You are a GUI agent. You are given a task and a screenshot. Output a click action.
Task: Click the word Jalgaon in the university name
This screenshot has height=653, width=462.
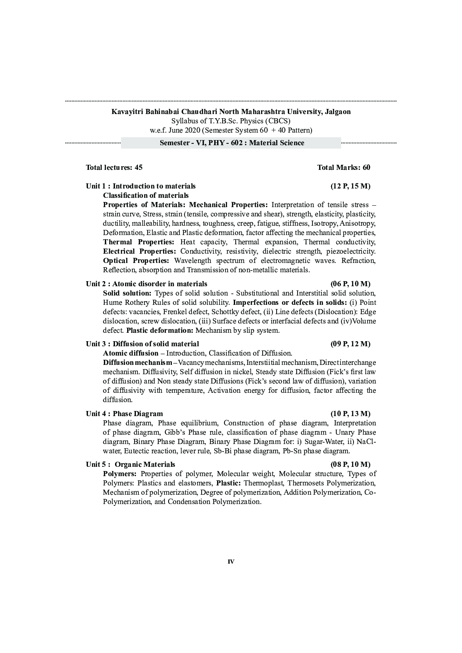click(337, 112)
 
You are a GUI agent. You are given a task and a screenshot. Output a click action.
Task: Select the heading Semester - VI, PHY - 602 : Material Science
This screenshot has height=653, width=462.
click(231, 143)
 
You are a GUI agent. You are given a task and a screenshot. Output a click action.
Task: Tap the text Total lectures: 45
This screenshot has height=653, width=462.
click(114, 168)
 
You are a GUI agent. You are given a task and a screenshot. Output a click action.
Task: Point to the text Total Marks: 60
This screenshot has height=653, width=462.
click(344, 168)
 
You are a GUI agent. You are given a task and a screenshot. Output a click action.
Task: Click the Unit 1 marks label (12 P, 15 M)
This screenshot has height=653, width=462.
click(350, 186)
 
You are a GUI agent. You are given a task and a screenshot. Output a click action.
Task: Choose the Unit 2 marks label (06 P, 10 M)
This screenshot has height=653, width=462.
click(350, 284)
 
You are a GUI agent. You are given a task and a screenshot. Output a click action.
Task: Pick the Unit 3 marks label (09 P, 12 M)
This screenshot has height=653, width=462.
click(350, 344)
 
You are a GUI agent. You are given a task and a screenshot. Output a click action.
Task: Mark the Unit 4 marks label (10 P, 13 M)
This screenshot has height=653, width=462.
click(350, 414)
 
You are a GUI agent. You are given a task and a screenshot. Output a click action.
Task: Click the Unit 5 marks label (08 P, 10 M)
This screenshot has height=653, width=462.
click(350, 465)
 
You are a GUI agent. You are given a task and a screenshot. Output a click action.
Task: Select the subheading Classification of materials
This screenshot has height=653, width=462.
click(146, 195)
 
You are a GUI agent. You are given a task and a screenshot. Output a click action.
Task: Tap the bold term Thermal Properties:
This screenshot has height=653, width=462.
click(138, 242)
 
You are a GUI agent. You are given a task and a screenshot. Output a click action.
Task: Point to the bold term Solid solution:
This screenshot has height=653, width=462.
click(127, 293)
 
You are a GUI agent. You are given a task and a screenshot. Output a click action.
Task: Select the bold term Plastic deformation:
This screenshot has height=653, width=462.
click(159, 330)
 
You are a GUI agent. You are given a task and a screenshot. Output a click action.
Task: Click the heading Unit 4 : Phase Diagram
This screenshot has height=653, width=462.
click(124, 414)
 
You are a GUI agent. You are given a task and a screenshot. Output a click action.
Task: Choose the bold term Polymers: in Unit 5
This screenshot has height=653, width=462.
click(120, 474)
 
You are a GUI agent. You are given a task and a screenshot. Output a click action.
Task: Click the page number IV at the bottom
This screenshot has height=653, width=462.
click(231, 562)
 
